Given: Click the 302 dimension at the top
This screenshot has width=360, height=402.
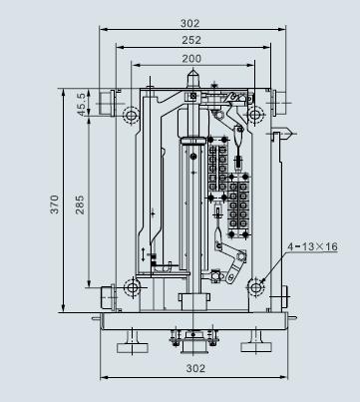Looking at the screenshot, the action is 190,23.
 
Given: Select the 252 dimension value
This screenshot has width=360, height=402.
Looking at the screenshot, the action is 191,40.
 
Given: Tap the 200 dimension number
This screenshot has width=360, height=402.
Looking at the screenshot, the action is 191,59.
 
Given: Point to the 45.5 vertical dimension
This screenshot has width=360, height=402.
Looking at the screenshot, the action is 83,104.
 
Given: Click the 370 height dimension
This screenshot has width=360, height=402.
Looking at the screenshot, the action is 55,204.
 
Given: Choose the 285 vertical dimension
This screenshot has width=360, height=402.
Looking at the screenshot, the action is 80,204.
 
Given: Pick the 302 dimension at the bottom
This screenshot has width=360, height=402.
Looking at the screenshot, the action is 195,368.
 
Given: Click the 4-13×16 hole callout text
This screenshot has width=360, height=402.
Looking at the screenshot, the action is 312,246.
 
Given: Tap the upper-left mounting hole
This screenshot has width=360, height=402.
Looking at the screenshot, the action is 131,115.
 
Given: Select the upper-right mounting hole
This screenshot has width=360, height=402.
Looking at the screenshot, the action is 255,115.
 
